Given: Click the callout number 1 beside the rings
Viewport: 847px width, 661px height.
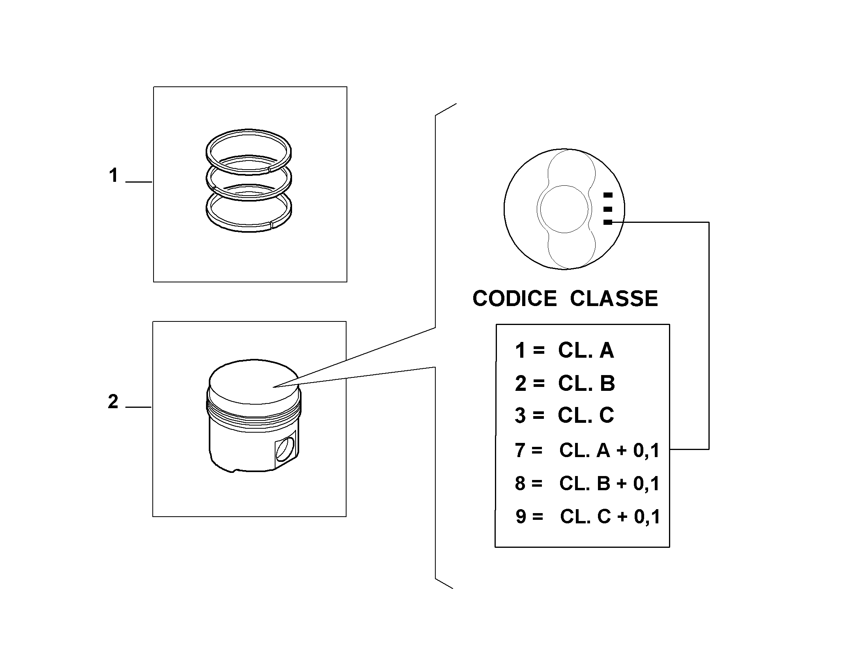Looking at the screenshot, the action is coord(114,176).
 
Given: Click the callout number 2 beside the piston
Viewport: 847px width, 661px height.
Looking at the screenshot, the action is coord(113,402).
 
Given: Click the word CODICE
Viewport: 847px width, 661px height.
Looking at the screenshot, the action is coord(514,299).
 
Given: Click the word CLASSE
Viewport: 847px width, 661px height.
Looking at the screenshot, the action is coord(614,299).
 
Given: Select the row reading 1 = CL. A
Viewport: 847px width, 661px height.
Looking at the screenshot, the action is coord(564,350).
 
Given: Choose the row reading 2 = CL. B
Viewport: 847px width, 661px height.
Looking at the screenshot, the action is coord(565,383).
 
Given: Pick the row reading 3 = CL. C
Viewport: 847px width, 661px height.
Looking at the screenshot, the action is coord(564,415).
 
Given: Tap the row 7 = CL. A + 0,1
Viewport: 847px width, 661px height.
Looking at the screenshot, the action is coord(587,450).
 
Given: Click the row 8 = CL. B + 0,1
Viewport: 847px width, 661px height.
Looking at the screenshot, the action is coord(587,484).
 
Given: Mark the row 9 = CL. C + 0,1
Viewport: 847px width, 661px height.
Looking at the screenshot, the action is coord(588,517).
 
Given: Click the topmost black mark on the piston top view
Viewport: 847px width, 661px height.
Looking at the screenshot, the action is coord(608,195).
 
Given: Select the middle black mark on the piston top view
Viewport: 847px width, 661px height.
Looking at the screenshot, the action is coord(608,209).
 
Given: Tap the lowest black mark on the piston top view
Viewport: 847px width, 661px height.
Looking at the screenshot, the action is coord(608,222).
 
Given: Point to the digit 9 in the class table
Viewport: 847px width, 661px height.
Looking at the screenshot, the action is coord(521,517).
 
